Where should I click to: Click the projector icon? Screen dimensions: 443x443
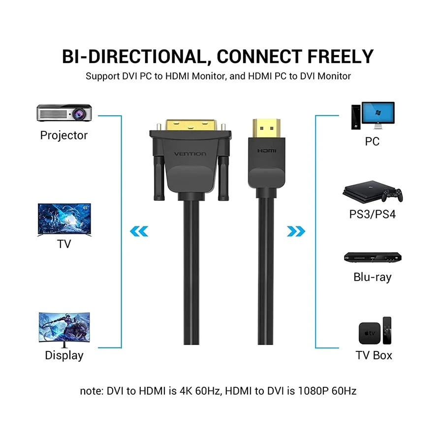click(x=64, y=113)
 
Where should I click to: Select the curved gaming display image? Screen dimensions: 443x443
click(x=64, y=329)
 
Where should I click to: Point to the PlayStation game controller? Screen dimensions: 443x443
click(x=392, y=194)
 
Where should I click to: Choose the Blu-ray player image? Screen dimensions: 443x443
click(x=373, y=257)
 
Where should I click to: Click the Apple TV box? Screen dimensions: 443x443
click(x=369, y=333)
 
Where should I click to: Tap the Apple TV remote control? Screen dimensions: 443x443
click(x=387, y=331)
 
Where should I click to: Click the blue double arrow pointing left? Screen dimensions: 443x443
click(x=139, y=231)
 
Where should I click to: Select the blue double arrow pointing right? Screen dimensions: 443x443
click(x=296, y=231)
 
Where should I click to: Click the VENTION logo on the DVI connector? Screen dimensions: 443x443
click(x=190, y=154)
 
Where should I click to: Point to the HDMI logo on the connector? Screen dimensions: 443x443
click(x=267, y=151)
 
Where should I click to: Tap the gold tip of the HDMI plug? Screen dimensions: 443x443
click(x=267, y=128)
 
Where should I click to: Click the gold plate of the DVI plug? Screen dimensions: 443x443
click(x=191, y=126)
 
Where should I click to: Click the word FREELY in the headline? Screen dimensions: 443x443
click(x=341, y=57)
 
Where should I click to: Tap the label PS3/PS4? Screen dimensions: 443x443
click(x=373, y=214)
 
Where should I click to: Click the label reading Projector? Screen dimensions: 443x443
click(x=64, y=135)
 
